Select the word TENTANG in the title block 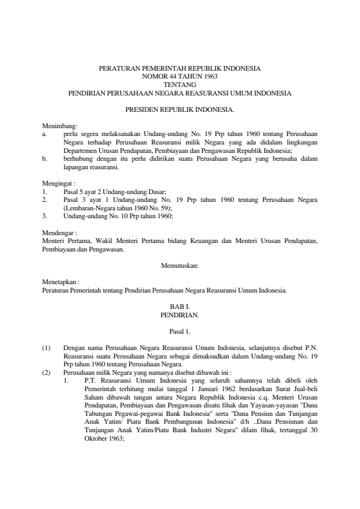[180, 85]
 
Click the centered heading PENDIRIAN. [180, 315]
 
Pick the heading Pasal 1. [180, 331]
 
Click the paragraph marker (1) [46, 348]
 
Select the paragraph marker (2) [46, 373]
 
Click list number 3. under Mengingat [45, 215]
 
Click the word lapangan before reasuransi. [76, 166]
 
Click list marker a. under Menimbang [45, 132]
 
